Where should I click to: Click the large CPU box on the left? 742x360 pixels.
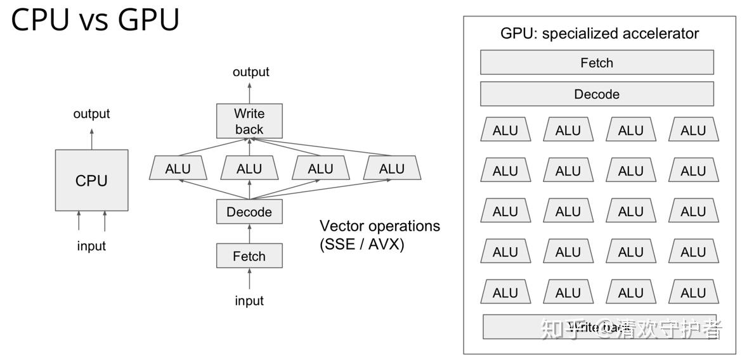tap(91, 180)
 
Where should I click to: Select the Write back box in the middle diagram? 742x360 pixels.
tap(249, 121)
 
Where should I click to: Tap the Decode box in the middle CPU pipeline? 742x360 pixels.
tap(249, 212)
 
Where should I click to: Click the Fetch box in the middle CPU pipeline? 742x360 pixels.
tap(249, 256)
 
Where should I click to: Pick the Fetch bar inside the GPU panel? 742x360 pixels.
tap(596, 63)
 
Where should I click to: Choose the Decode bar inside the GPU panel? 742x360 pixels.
tap(596, 94)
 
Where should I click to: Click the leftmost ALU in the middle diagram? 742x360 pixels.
tap(178, 169)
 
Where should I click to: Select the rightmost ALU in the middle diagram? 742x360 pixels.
tap(392, 169)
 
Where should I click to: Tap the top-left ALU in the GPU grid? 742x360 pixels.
tap(505, 130)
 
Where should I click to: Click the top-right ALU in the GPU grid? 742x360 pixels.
tap(693, 130)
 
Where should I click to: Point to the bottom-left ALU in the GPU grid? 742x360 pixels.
tap(505, 292)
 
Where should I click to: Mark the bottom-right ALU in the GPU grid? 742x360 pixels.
tap(693, 292)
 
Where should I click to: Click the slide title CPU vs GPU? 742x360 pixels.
tap(96, 20)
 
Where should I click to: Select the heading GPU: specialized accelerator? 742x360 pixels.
tap(599, 33)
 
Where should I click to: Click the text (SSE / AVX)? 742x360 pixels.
tap(361, 244)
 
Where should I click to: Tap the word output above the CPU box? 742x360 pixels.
tap(91, 114)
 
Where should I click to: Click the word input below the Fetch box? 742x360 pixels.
tap(249, 301)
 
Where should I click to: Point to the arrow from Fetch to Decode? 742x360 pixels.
tap(249, 233)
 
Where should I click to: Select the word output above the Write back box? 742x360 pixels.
tap(251, 72)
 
